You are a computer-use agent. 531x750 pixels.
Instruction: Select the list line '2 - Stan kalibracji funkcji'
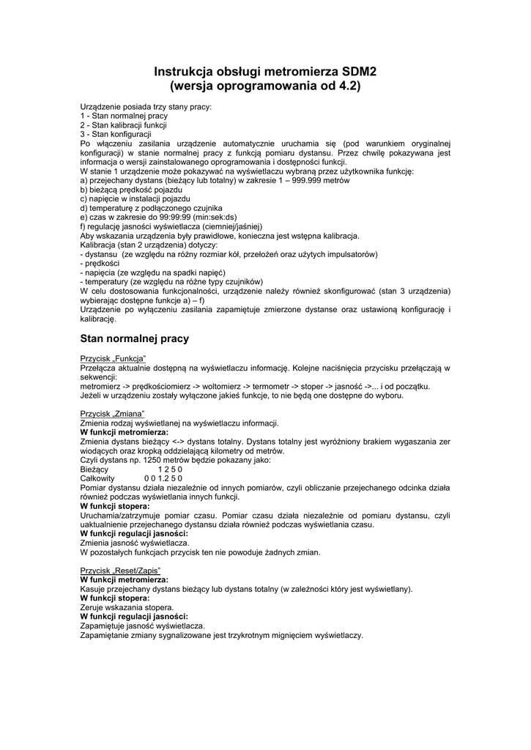click(x=124, y=125)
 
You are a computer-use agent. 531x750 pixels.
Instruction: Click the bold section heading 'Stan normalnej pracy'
click(x=134, y=339)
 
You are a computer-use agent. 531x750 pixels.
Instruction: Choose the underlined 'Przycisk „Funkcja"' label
click(x=114, y=358)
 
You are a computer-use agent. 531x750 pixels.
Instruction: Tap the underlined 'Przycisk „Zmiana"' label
click(x=112, y=414)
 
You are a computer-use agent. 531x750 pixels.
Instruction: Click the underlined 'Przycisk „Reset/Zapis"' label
click(x=120, y=571)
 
